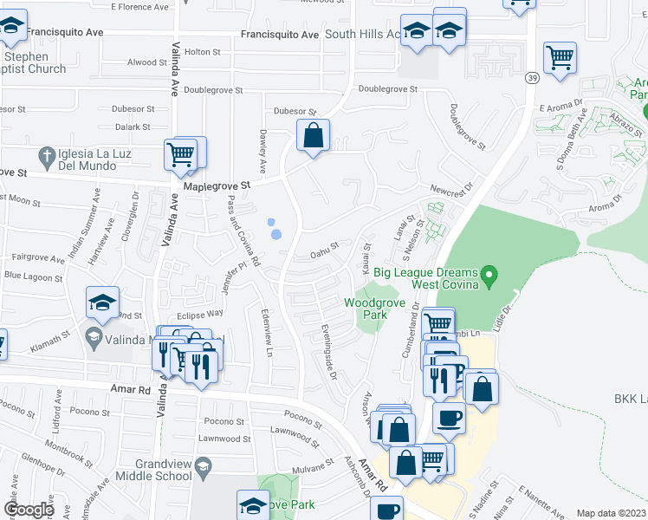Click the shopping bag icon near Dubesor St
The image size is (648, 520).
(x=313, y=135)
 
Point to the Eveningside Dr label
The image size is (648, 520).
(x=327, y=352)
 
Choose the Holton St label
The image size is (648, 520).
(x=203, y=52)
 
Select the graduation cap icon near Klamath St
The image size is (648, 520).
(x=102, y=302)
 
